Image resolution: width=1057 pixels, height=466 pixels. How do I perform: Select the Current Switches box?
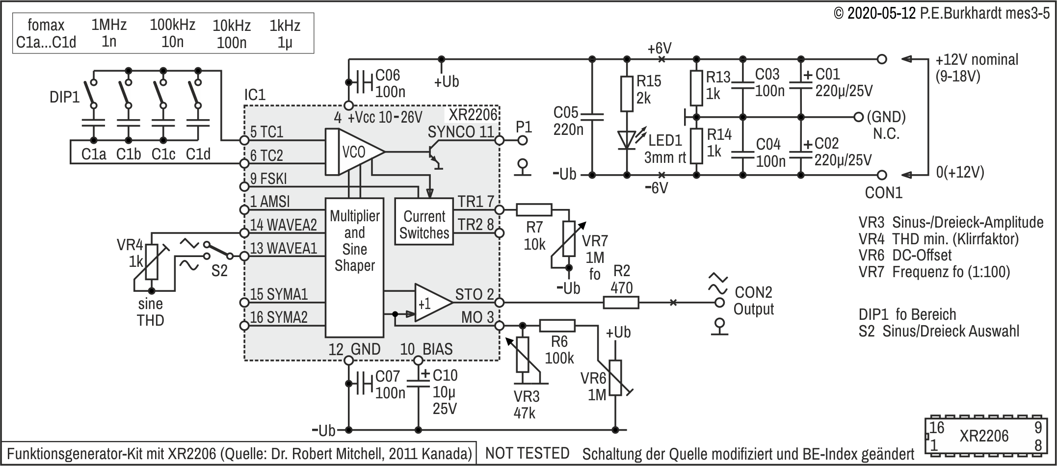point(424,221)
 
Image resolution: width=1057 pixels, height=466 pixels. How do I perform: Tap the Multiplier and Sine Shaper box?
point(354,267)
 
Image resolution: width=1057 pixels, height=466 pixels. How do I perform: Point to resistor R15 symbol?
point(627,94)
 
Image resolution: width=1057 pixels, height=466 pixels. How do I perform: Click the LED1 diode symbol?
point(627,140)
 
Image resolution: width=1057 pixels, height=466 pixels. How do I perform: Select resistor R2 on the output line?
point(621,302)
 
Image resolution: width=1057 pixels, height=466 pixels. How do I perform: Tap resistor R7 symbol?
point(534,210)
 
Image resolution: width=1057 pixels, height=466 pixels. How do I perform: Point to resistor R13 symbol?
point(696,88)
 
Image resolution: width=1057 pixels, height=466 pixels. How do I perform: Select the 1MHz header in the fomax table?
point(109,25)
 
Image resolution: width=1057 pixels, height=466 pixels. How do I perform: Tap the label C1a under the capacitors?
point(94,154)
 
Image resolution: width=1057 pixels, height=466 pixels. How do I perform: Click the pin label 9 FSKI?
point(268,179)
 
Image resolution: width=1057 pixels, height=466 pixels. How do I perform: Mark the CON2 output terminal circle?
point(720,302)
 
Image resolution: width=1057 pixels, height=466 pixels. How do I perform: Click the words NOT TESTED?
point(528,453)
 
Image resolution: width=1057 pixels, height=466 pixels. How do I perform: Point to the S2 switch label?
point(219,270)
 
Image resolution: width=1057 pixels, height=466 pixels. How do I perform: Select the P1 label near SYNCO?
point(524,127)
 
